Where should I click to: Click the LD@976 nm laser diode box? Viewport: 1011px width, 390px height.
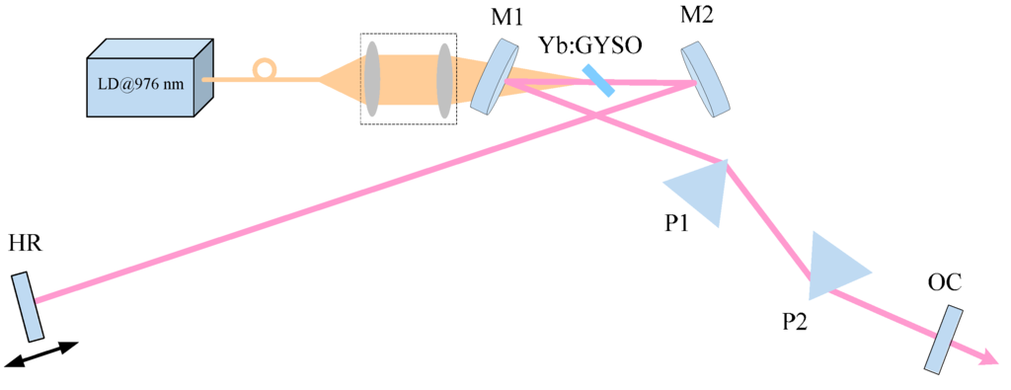click(x=148, y=82)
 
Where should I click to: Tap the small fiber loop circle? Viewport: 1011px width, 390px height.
click(x=264, y=69)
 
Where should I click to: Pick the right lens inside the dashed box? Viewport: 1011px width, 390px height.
click(x=444, y=79)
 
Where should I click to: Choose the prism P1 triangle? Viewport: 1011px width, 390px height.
click(x=703, y=191)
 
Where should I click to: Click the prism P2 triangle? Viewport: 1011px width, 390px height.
click(x=834, y=266)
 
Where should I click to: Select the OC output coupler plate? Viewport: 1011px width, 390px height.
click(x=943, y=339)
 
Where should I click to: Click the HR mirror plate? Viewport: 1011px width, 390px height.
click(x=28, y=305)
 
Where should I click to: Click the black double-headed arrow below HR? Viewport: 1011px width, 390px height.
click(x=41, y=354)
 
